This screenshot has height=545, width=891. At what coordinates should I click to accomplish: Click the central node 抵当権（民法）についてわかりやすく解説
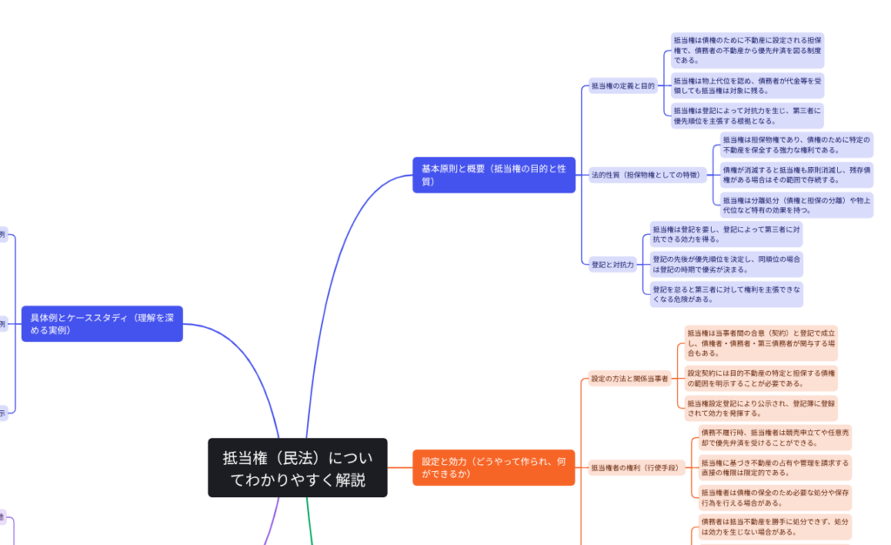coord(297,468)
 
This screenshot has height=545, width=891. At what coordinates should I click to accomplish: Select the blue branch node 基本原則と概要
coord(493,175)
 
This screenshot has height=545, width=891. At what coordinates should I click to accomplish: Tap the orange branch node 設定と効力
coord(493,468)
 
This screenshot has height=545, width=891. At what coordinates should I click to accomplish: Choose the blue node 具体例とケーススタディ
coord(102,324)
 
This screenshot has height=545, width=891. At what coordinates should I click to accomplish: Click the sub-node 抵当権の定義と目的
coord(623,86)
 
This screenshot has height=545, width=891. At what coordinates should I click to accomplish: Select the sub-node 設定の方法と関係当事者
coord(630,379)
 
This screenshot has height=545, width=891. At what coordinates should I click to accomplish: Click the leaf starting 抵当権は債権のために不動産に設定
coord(747,50)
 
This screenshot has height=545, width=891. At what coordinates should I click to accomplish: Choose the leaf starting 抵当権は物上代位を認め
coord(747,86)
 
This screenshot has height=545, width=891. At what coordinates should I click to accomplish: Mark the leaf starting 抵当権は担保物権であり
coord(796,145)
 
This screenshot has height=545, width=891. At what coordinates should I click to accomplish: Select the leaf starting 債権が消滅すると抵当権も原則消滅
coord(796,175)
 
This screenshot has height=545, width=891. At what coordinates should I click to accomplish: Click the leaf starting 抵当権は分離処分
coord(796,205)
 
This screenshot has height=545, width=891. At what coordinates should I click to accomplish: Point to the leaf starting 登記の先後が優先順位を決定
coord(727,264)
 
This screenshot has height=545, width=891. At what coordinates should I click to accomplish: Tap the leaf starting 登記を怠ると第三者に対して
coord(727,293)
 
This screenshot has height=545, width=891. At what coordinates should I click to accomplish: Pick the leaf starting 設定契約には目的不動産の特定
coord(760,379)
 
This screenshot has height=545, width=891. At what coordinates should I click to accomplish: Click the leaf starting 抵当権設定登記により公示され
coord(760,408)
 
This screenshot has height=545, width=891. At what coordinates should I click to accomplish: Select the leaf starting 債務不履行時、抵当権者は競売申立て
coord(774,438)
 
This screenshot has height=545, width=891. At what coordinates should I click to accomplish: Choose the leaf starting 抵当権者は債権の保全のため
coord(774,497)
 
